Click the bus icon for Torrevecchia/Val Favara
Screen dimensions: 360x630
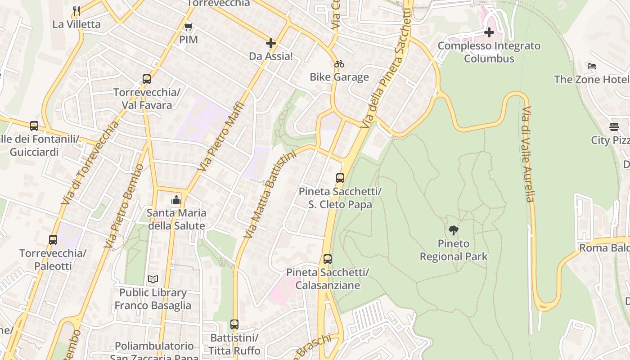coord(147,79)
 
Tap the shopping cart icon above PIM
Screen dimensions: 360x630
coord(189,27)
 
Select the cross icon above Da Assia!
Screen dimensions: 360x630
coord(271,43)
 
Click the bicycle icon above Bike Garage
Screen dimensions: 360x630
coord(339,64)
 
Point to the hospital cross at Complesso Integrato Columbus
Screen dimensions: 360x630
coord(489,32)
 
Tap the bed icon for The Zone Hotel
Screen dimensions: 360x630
coord(592,66)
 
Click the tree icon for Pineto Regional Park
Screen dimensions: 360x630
coord(454,230)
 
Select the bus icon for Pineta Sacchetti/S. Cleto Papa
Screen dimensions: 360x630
coord(340,178)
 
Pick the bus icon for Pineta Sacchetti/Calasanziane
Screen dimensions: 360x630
coord(328,259)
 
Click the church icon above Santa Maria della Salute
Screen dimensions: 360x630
coord(176,200)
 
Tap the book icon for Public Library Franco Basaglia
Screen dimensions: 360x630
coord(153,279)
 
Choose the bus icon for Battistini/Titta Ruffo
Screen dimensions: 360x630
coord(234,324)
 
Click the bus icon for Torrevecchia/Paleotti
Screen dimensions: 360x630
coord(53,240)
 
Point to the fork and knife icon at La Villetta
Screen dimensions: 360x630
coord(76,11)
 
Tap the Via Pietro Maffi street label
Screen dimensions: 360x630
coord(222,137)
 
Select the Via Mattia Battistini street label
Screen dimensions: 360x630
coord(270,194)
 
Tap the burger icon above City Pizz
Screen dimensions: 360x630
coord(614,127)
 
